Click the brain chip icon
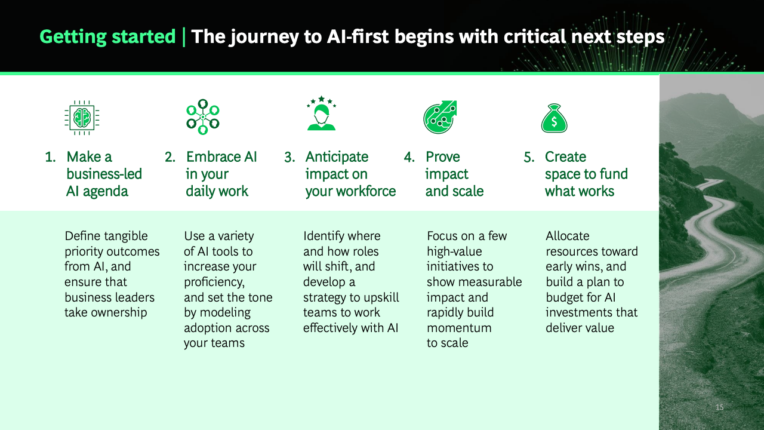(82, 118)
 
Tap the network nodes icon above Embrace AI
(203, 116)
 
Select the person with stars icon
(321, 113)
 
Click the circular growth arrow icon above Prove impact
(440, 116)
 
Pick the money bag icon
(554, 118)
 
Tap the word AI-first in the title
(358, 36)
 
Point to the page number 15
(719, 407)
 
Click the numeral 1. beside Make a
(51, 157)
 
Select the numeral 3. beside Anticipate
(289, 157)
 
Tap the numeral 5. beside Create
(529, 157)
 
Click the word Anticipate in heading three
(337, 157)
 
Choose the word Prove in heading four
(443, 157)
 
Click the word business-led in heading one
(104, 174)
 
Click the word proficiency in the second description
(214, 282)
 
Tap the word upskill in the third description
(381, 297)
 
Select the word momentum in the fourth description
(459, 328)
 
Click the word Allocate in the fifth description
(568, 236)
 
